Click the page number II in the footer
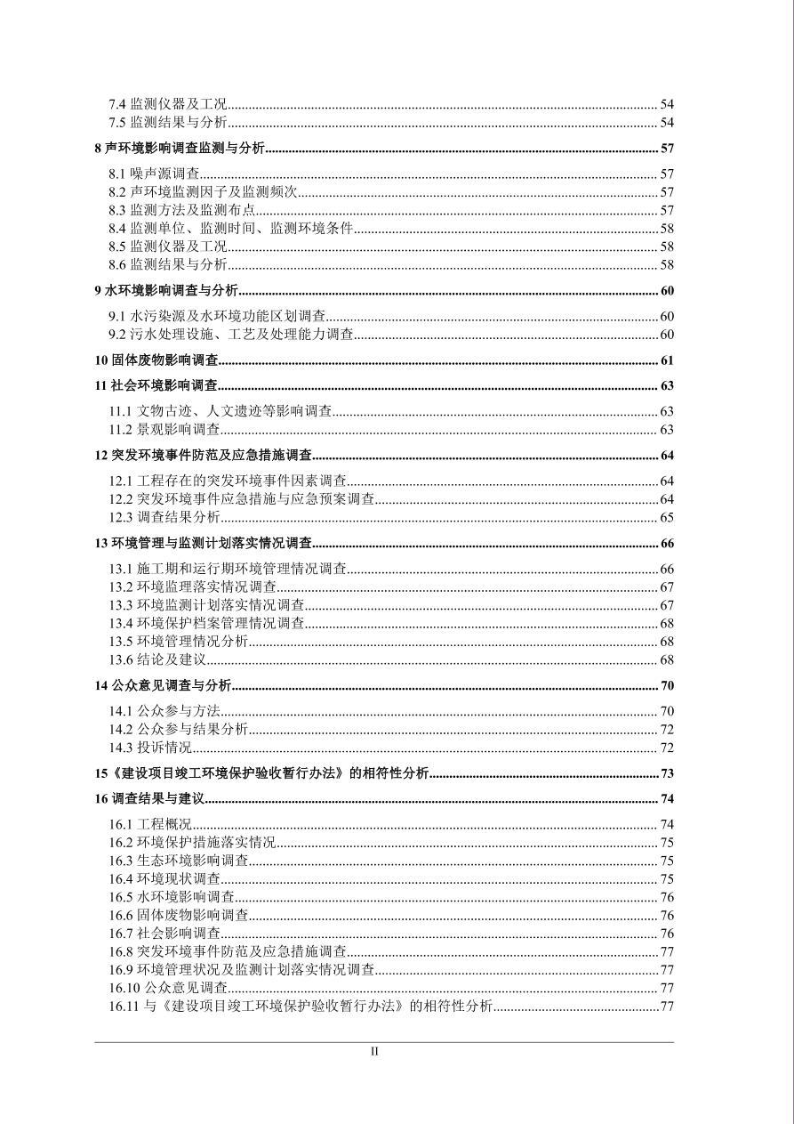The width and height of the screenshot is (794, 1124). [374, 1051]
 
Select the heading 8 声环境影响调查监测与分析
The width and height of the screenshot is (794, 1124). [180, 149]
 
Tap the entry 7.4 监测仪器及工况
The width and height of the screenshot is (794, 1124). [168, 104]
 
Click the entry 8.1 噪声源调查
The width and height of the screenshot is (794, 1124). [155, 174]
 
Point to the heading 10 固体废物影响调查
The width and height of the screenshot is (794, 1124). [156, 360]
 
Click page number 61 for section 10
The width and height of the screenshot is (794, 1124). [667, 360]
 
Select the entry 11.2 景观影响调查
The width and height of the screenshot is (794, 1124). [164, 430]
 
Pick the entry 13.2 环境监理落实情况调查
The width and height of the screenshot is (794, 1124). [193, 587]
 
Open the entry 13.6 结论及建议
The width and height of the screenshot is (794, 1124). [158, 660]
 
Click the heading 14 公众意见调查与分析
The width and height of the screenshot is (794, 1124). [163, 685]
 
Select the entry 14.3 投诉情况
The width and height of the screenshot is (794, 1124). [150, 748]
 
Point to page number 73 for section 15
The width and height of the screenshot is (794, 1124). [667, 773]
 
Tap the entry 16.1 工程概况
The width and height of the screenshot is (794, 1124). [150, 825]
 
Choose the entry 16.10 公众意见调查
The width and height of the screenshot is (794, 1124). [169, 988]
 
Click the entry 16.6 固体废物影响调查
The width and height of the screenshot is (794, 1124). [179, 916]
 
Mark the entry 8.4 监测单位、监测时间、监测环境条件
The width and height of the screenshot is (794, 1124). [231, 229]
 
